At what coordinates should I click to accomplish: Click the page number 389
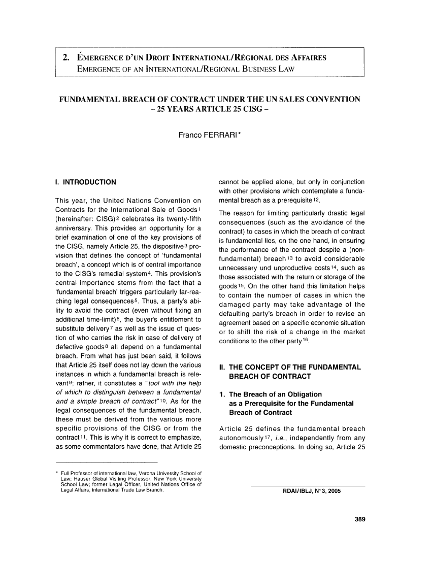360,518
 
